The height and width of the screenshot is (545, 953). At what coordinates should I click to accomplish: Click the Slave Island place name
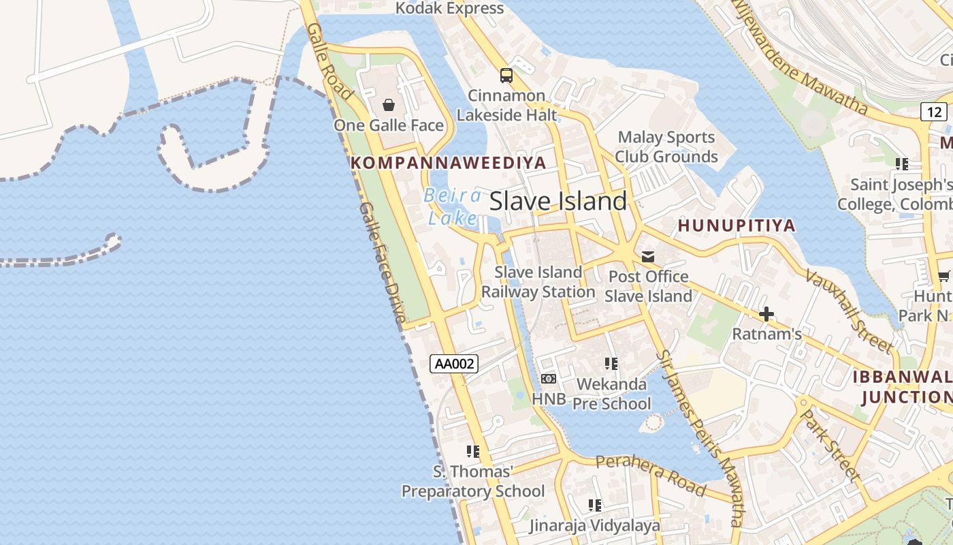[x=558, y=201]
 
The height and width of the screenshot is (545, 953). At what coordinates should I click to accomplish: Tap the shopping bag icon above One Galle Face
[x=388, y=105]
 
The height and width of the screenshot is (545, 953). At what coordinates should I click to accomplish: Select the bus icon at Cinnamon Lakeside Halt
[x=506, y=75]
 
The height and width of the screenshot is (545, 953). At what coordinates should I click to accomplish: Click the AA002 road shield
[x=454, y=364]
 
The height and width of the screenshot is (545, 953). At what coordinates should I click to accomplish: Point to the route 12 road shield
[x=934, y=111]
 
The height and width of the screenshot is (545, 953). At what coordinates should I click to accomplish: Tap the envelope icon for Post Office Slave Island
[x=648, y=257]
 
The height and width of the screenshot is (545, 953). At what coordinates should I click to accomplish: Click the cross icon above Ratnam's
[x=766, y=314]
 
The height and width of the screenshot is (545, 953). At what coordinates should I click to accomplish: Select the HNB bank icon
[x=548, y=379]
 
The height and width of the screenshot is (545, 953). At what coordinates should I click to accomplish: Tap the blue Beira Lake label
[x=452, y=206]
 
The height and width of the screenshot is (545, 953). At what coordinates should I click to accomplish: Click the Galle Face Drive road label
[x=382, y=262]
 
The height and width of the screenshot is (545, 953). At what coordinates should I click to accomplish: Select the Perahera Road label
[x=651, y=474]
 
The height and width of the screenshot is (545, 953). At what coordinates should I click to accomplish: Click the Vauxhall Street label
[x=848, y=310]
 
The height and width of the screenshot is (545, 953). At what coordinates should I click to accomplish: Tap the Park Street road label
[x=830, y=445]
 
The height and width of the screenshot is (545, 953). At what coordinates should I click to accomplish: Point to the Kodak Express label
[x=449, y=8]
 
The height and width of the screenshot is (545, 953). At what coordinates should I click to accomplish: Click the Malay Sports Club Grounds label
[x=666, y=147]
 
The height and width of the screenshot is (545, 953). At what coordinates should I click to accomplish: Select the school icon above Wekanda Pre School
[x=611, y=364]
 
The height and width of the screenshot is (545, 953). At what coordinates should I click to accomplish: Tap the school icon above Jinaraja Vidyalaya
[x=595, y=505]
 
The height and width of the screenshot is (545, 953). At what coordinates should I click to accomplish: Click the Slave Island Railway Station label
[x=538, y=282]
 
